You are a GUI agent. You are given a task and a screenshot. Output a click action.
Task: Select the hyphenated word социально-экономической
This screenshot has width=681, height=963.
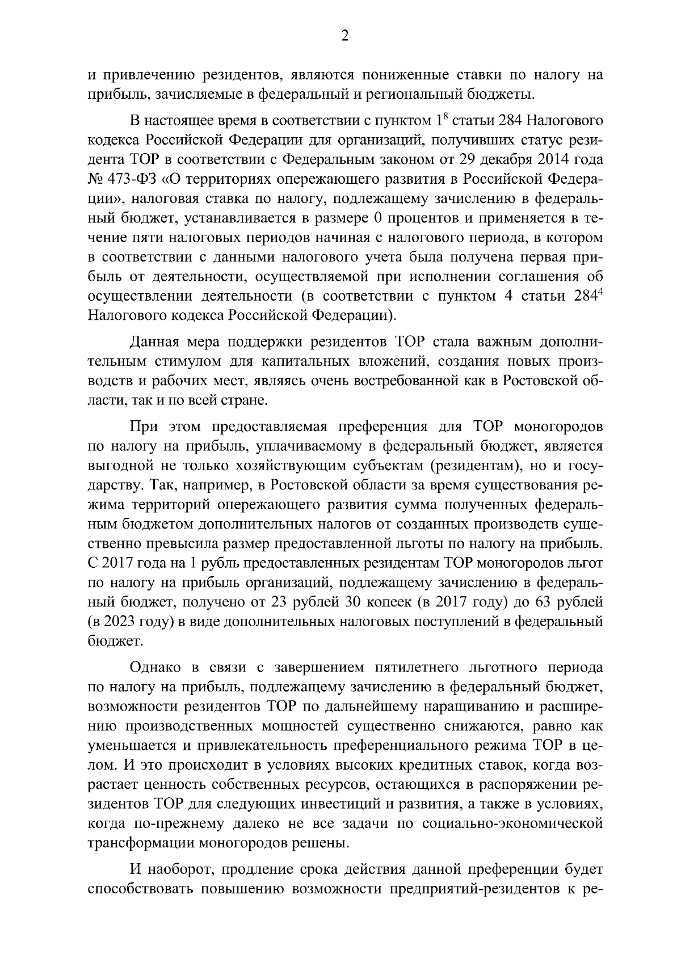click(x=512, y=823)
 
